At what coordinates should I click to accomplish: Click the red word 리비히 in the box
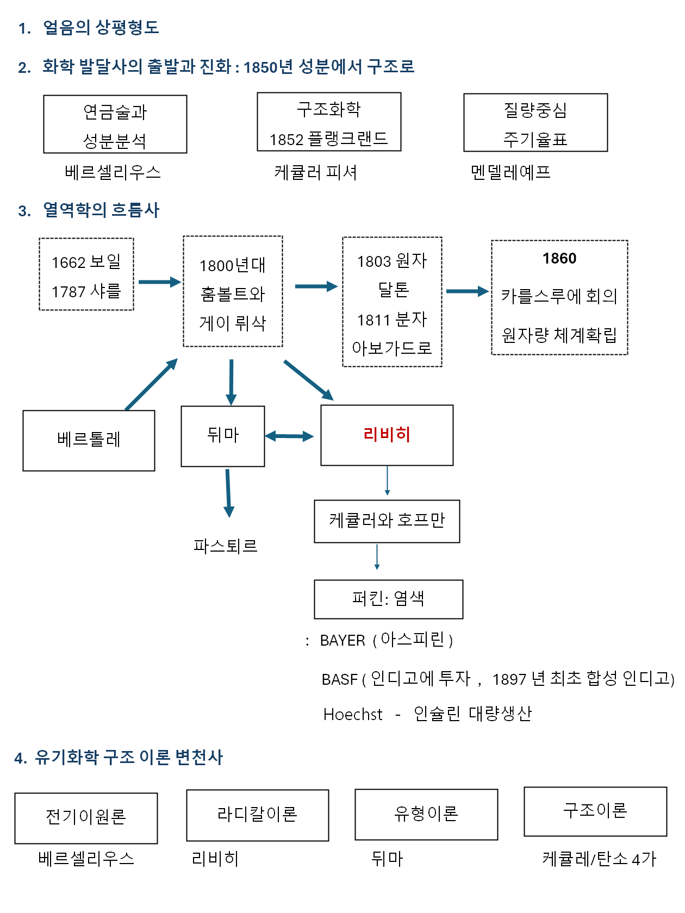[387, 435]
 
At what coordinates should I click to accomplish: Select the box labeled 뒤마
[223, 436]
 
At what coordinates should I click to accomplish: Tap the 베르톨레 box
[89, 440]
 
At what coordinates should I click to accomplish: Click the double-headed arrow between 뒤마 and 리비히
[289, 436]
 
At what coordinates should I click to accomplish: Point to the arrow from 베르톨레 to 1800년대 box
[151, 384]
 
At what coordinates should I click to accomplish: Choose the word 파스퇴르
[225, 546]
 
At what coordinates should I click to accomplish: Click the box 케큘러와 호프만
[387, 521]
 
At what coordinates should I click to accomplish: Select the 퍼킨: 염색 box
[388, 599]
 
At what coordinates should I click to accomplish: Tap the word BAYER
[342, 641]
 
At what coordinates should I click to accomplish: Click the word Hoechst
[353, 714]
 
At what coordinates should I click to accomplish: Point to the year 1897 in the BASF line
[509, 679]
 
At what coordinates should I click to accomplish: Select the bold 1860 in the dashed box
[559, 259]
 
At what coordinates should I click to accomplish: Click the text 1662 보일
[86, 262]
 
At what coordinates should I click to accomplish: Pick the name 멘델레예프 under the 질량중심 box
[510, 172]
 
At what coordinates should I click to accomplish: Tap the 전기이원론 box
[86, 817]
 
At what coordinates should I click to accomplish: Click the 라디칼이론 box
[257, 815]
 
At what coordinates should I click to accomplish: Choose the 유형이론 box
[426, 814]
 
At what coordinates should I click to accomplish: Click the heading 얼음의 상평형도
[101, 28]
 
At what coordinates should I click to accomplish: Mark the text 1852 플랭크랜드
[328, 139]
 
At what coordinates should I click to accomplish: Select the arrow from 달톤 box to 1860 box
[466, 291]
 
